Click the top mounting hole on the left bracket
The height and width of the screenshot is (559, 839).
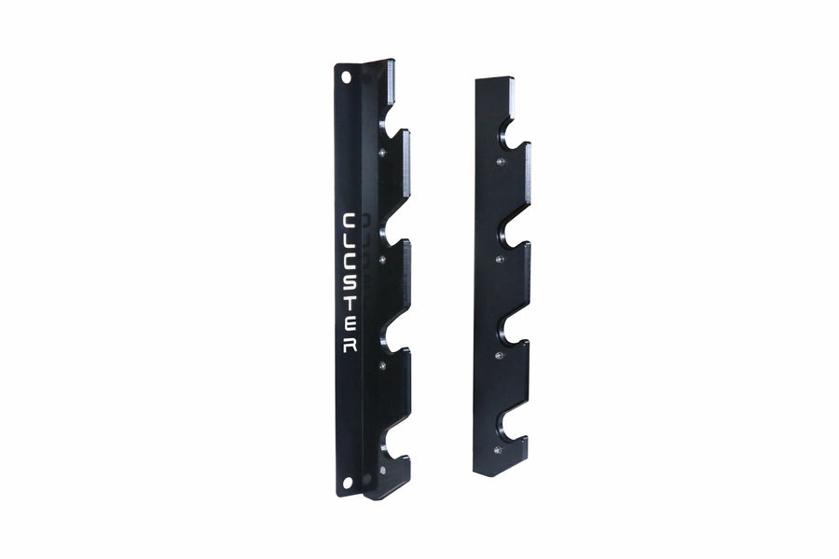[346, 79]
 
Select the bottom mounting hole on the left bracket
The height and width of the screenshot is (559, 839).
[348, 483]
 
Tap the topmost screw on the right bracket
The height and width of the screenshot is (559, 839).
[501, 162]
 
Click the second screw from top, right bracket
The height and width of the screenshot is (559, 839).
[500, 258]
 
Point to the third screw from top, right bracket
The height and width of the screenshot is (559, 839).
[499, 354]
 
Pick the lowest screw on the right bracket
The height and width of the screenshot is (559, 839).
[497, 450]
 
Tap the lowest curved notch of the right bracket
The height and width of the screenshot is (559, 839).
[507, 426]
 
